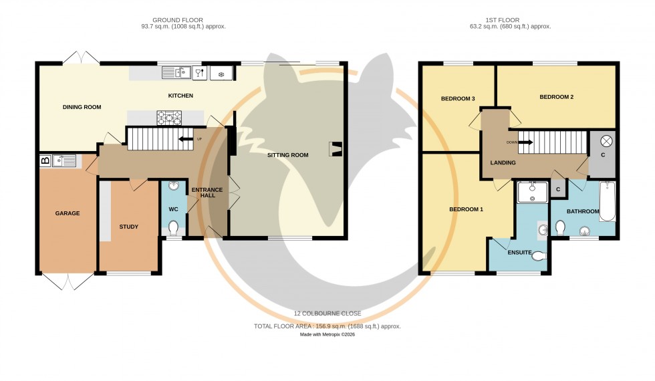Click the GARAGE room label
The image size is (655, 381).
point(67,213)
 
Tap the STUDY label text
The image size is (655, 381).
point(128,227)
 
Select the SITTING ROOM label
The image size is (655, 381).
point(287,155)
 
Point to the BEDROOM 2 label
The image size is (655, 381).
point(556,97)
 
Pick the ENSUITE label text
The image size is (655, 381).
point(519,253)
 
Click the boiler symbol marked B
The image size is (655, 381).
point(45,160)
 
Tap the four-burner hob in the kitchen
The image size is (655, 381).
point(169,118)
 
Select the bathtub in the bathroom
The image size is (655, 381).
point(608,201)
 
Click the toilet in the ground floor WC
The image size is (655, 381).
point(173,229)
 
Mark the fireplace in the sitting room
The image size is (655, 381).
point(334,149)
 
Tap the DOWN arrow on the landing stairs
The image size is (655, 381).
point(525,142)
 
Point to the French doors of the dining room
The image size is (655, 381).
point(81,57)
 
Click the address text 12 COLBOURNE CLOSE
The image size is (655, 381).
point(327,313)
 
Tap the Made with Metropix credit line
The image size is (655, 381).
point(327,334)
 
